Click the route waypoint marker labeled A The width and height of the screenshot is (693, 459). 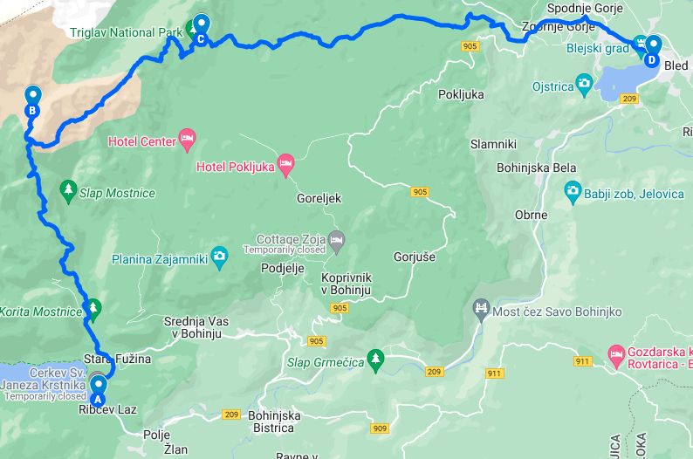tap(98, 387)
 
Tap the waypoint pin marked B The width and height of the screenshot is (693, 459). tap(32, 99)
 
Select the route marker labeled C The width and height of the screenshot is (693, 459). tap(201, 27)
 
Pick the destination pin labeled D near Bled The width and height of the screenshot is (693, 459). tap(651, 49)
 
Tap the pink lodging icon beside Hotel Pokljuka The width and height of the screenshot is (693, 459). tap(285, 164)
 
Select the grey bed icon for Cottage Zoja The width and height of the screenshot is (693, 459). tap(337, 238)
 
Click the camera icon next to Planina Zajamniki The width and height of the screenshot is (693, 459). tap(219, 256)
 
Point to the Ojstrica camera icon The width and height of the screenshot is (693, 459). tap(584, 85)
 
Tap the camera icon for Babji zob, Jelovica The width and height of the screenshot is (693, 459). tap(573, 189)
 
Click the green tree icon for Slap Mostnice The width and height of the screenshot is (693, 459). tap(68, 189)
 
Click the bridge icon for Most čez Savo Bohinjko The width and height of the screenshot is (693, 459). tap(480, 307)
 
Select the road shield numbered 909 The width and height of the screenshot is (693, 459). tap(380, 428)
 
